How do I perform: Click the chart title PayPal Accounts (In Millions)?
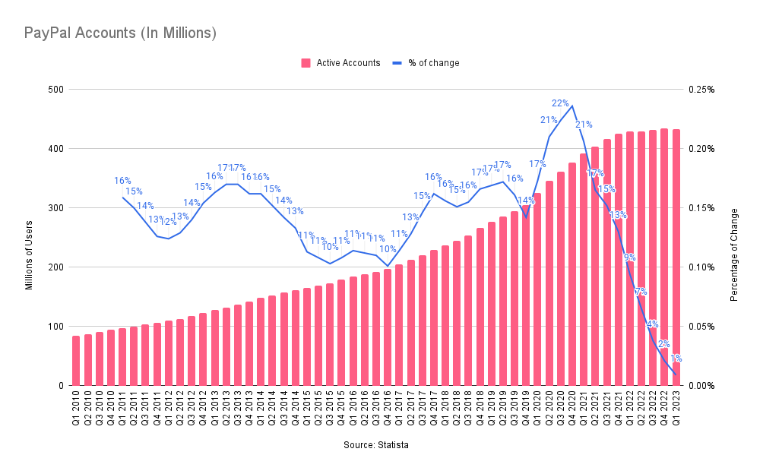coord(121,33)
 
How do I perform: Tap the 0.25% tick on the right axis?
coord(701,90)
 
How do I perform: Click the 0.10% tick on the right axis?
coord(701,267)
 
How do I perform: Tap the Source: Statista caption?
coord(375,444)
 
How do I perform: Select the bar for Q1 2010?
coord(76,361)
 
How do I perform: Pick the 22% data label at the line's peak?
coord(561,103)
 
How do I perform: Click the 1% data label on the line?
coord(676,358)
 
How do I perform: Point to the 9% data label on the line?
coord(629,258)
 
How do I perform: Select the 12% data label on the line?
coord(169,222)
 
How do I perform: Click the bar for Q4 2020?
coord(572,273)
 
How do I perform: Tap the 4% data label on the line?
coord(652,324)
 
